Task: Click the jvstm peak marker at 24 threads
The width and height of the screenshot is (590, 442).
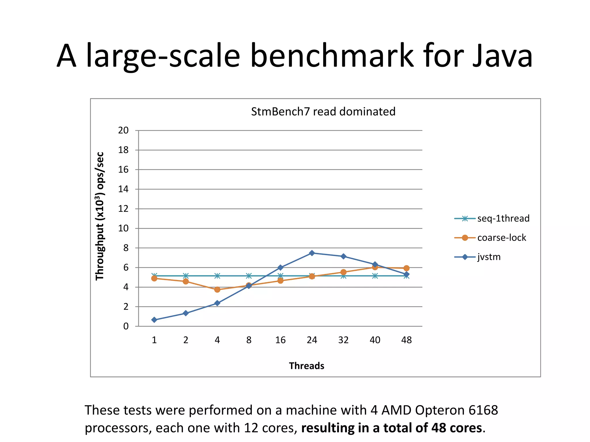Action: [312, 253]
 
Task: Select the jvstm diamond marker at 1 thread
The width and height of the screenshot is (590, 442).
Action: [154, 320]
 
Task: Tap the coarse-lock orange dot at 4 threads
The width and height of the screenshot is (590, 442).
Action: [217, 289]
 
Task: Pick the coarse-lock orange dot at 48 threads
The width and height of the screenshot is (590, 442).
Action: [406, 268]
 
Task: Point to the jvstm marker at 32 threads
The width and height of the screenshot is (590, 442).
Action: [343, 256]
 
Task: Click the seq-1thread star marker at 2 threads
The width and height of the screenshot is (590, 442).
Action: [186, 276]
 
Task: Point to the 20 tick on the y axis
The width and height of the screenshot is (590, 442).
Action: [123, 130]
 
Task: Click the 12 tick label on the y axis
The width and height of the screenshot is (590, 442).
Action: [123, 209]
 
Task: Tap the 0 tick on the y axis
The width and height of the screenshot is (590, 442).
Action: [126, 326]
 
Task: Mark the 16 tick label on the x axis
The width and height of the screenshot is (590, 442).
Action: [280, 340]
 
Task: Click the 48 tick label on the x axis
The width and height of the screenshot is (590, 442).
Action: [406, 340]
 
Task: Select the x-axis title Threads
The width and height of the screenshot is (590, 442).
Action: [307, 366]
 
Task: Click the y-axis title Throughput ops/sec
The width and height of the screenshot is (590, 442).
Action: [100, 216]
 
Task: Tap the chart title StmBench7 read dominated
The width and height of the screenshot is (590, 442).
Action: [323, 112]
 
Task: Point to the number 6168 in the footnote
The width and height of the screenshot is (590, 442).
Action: [483, 410]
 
